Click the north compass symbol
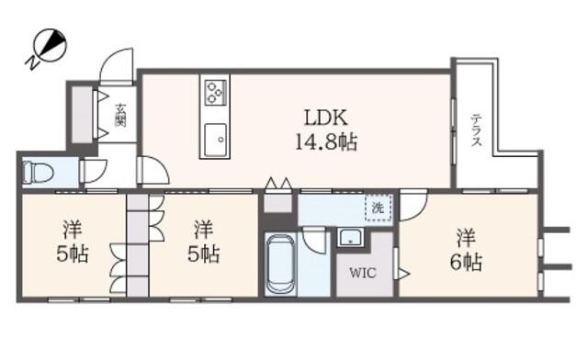[48, 46]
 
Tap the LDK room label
[326, 118]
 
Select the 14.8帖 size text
[326, 142]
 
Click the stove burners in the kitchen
[215, 92]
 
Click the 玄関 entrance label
[120, 115]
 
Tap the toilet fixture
[38, 173]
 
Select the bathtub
[281, 264]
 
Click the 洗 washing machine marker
[378, 208]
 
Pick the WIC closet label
[363, 273]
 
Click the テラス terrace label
[476, 129]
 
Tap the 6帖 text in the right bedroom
[466, 262]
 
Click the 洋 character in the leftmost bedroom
[73, 230]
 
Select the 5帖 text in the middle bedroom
[204, 254]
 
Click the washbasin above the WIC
[350, 237]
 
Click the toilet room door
[94, 172]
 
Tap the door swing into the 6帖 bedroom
[413, 207]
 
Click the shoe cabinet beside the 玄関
[82, 115]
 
